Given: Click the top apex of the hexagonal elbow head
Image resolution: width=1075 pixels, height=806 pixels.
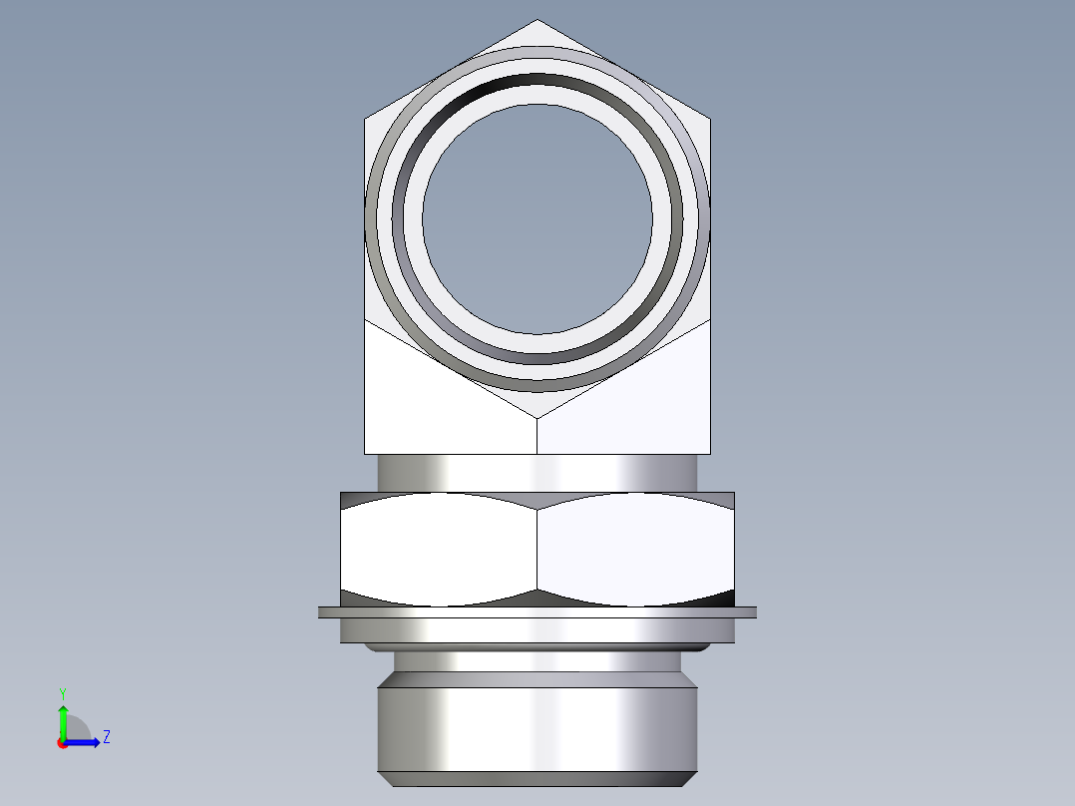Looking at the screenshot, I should click(537, 21).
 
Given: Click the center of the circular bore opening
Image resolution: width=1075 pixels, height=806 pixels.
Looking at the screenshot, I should click(537, 218).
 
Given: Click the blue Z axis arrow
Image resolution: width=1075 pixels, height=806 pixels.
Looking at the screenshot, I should click(91, 741).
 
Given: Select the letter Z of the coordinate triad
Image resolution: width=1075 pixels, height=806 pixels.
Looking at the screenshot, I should click(107, 737).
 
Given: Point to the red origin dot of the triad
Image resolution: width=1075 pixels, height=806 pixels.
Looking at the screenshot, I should click(63, 743).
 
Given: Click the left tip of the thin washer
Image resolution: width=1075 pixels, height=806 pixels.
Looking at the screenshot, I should click(321, 612).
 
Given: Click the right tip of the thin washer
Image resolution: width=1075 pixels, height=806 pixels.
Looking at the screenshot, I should click(754, 612).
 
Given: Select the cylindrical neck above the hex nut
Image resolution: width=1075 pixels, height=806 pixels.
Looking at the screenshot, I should click(537, 472).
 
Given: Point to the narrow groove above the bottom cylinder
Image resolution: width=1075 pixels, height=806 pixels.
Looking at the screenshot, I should click(537, 659).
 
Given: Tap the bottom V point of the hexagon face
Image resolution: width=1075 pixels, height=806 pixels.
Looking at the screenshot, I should click(537, 417).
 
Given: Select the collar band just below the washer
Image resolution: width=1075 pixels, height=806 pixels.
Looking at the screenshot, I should click(537, 630).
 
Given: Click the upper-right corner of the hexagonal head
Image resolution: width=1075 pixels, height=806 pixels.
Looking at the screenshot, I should click(709, 120).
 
